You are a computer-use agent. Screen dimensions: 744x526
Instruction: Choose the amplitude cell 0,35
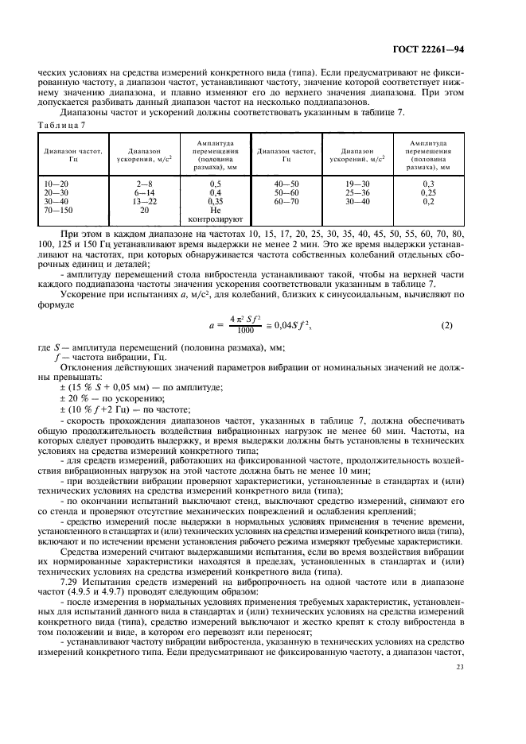[215, 201]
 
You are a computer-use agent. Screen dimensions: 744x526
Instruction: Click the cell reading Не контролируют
[215, 215]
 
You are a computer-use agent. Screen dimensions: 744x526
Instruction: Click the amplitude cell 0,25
[428, 192]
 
